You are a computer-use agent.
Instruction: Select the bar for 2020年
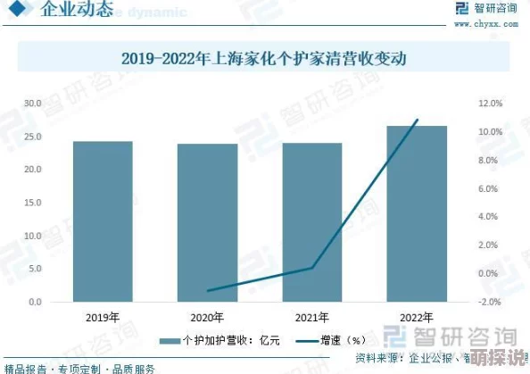pyautogui.click(x=207, y=222)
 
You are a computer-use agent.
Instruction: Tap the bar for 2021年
pyautogui.click(x=312, y=222)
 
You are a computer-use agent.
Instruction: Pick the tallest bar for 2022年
pyautogui.click(x=417, y=213)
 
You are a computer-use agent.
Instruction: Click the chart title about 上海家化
pyautogui.click(x=265, y=60)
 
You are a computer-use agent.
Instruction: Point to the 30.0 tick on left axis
pyautogui.click(x=33, y=104)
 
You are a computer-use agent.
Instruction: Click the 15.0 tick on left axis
pyautogui.click(x=33, y=203)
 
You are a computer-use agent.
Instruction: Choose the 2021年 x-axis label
pyautogui.click(x=312, y=317)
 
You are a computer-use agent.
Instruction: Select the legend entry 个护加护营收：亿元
pyautogui.click(x=218, y=340)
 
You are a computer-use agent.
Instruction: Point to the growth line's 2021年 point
pyautogui.click(x=312, y=268)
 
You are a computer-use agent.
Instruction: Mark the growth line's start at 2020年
pyautogui.click(x=207, y=291)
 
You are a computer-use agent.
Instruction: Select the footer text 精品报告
pyautogui.click(x=24, y=368)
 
